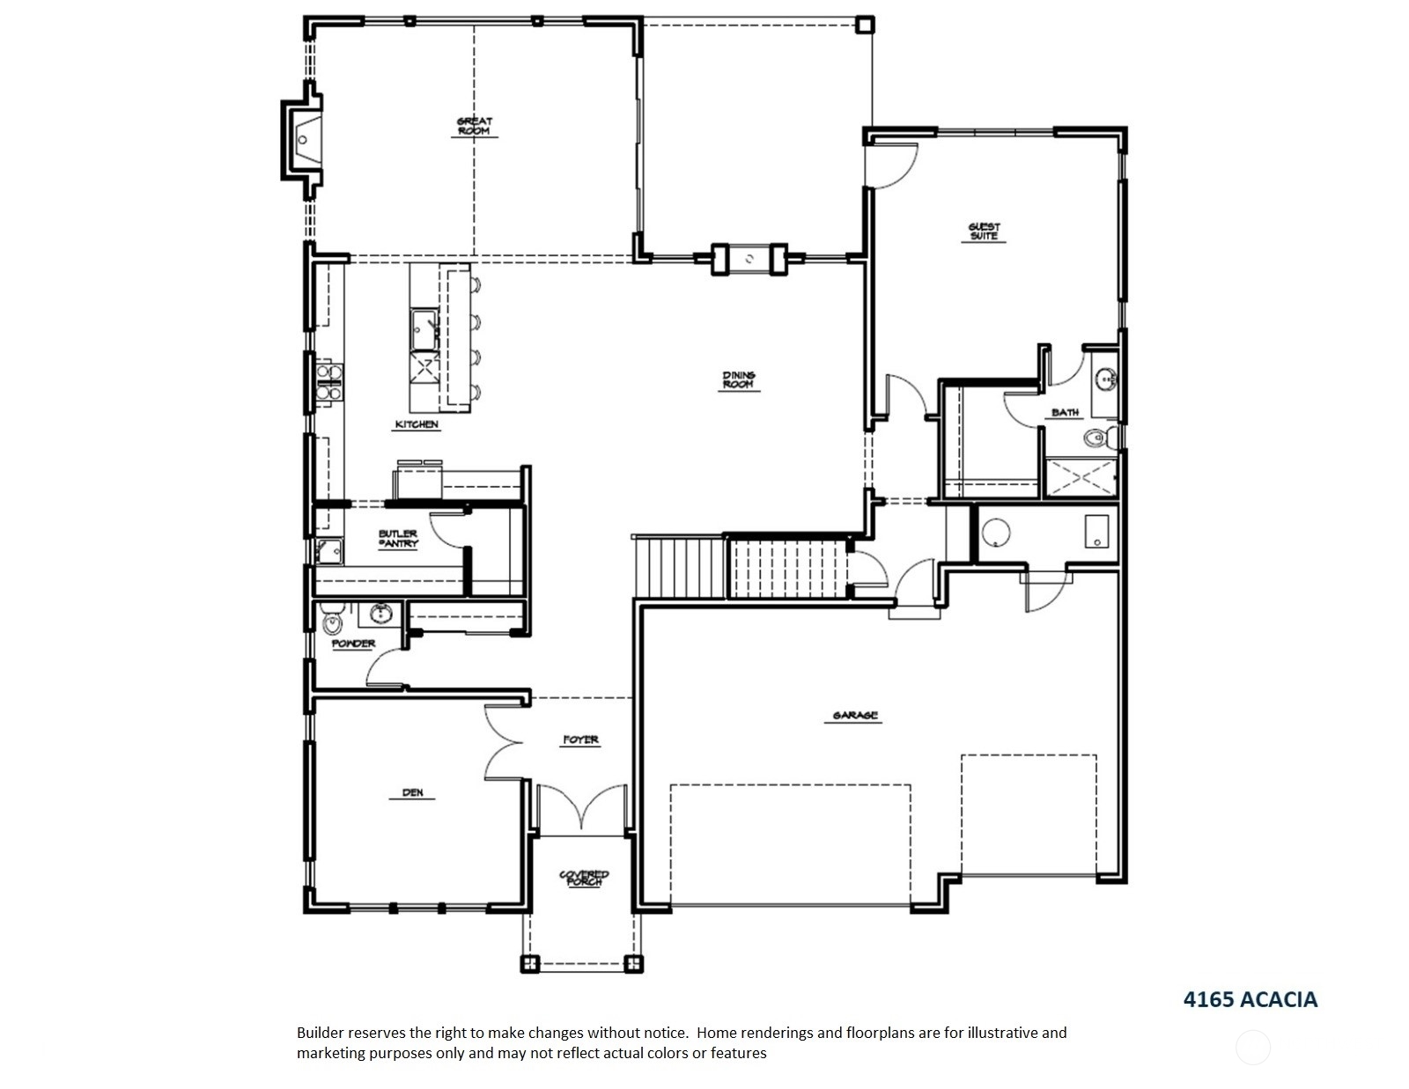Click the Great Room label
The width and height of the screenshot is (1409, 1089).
(x=475, y=126)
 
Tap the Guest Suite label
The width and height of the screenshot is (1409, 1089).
(x=984, y=232)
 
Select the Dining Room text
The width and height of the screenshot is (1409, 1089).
(x=739, y=379)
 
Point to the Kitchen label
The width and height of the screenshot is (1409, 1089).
(x=417, y=424)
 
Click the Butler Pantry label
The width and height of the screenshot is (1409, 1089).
(x=398, y=539)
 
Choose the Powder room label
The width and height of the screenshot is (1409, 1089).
(x=353, y=644)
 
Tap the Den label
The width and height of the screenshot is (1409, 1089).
(x=412, y=793)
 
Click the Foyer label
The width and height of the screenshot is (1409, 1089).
(x=580, y=739)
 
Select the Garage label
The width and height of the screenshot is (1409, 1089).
(x=854, y=716)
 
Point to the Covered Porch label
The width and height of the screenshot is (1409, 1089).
(x=584, y=878)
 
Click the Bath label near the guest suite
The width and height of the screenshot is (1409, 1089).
(x=1065, y=412)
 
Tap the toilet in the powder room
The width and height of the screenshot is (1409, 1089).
(x=332, y=621)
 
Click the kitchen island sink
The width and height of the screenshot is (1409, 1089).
(x=424, y=330)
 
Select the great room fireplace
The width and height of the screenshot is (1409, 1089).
(x=302, y=139)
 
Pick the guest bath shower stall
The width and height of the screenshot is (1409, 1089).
(x=1081, y=478)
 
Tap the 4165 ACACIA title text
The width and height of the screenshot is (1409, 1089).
(x=1250, y=999)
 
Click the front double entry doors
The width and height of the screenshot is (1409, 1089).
(x=581, y=807)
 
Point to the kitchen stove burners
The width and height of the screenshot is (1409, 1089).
(x=328, y=382)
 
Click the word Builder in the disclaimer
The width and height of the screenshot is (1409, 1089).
(x=320, y=1033)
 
